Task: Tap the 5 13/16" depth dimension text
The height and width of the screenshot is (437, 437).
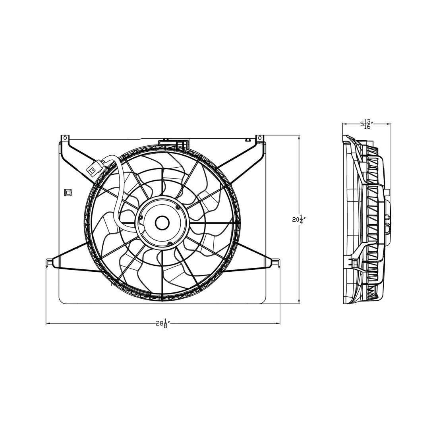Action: [366, 124]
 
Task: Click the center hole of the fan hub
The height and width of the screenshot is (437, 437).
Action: [162, 223]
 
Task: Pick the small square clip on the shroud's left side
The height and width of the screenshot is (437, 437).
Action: [68, 192]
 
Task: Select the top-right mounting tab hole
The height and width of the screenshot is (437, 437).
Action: [260, 137]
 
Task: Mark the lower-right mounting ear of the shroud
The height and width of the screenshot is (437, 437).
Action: [277, 263]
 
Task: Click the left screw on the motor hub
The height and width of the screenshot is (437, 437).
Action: [141, 217]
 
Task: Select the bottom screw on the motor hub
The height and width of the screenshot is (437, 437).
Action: [170, 244]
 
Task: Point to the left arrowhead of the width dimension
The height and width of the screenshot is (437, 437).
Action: [48, 323]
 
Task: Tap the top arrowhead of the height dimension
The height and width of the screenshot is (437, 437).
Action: [299, 136]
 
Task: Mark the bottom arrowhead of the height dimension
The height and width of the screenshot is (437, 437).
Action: [299, 302]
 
